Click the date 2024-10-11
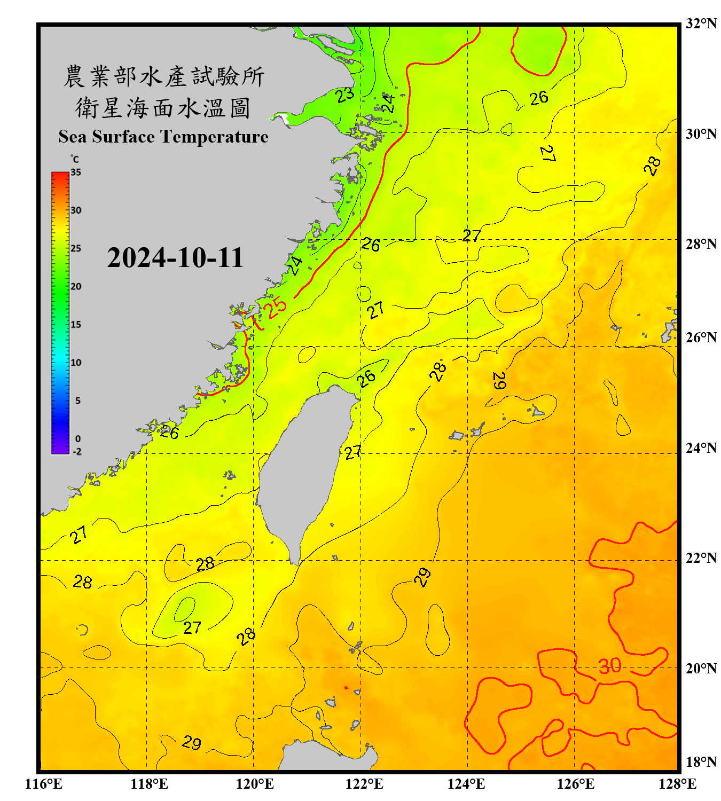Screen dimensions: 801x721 [175, 258]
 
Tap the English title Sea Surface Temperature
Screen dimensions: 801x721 [163, 137]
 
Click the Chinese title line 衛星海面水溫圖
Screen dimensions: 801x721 [163, 108]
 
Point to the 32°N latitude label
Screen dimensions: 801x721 [701, 23]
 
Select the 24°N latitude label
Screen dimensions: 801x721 [701, 447]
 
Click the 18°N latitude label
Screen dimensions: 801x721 [701, 761]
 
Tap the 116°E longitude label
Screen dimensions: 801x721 [44, 784]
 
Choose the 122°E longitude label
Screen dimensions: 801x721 [364, 784]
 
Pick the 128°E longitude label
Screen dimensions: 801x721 [677, 784]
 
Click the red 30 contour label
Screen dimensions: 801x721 [609, 665]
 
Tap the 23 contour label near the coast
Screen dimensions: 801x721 [345, 95]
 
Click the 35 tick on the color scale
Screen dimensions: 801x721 [76, 172]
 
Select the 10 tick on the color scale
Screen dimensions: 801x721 [76, 363]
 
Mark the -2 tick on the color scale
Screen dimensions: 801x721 [77, 451]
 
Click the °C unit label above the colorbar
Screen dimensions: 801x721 [75, 159]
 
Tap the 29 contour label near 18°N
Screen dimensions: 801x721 [191, 742]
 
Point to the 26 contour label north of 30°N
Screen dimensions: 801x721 [539, 98]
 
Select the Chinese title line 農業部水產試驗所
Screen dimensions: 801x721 [163, 76]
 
